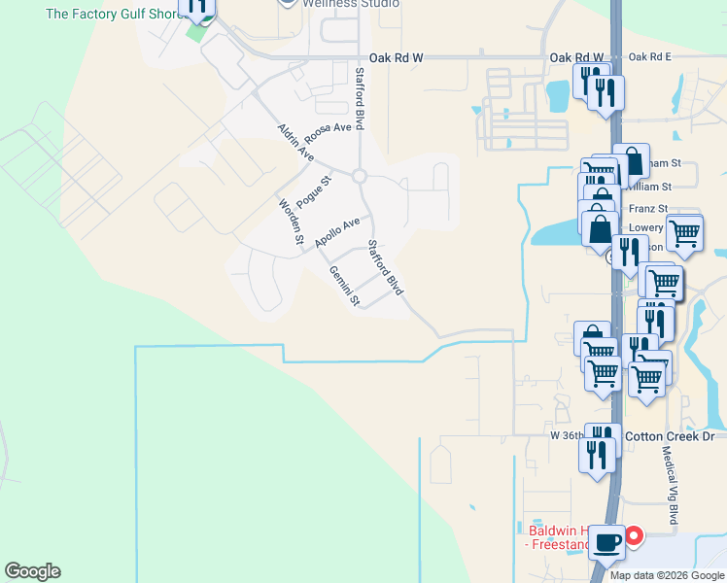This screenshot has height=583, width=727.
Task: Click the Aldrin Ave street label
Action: point(295,142)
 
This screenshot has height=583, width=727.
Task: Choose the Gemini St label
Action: point(344,286)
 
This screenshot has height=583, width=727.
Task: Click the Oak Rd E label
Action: point(650,57)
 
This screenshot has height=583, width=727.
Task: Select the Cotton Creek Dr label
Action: point(669,436)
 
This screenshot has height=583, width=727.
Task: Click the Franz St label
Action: point(648,209)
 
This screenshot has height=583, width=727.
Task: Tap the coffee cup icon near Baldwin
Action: point(608,542)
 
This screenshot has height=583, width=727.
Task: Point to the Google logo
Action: point(32,571)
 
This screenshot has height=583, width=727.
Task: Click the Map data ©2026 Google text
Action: point(666,575)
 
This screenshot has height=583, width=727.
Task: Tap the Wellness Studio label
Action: point(350,4)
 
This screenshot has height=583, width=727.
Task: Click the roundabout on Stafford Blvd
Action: point(359,177)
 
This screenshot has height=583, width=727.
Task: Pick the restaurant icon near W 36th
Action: point(597,453)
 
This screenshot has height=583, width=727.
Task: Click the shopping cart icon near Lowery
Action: point(684,233)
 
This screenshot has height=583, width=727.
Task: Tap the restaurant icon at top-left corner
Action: point(198,8)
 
